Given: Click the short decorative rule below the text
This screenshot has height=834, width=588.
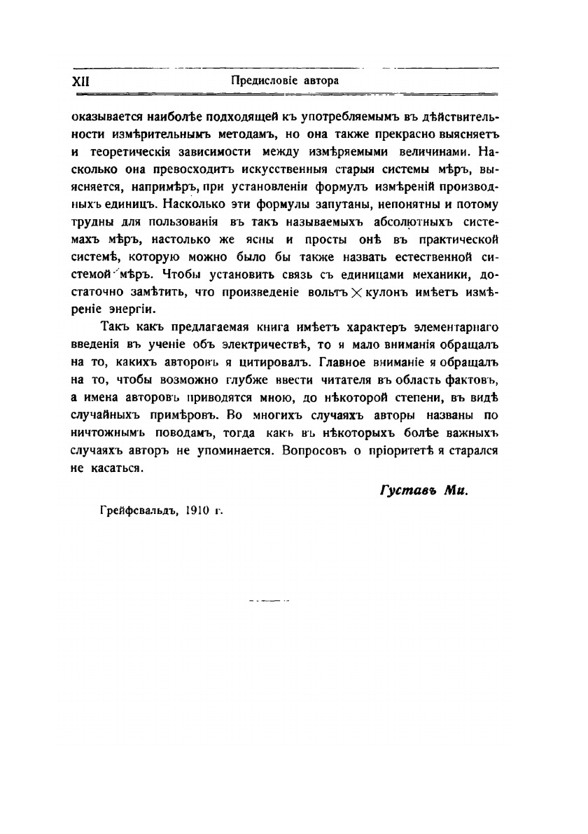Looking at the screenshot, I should tap(269, 600).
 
